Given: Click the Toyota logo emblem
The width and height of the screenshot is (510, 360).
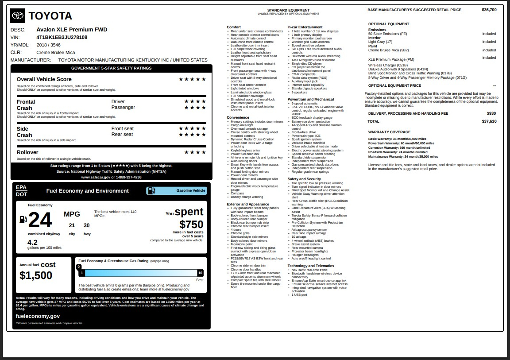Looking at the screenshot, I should [18, 16].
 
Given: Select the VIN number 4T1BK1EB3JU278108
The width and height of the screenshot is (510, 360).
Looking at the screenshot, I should [62, 37].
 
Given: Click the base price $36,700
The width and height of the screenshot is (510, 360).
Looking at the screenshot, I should [489, 10].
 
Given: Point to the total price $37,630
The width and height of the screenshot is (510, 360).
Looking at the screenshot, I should [489, 121].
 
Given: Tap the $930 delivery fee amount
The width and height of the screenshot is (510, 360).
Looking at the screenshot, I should [491, 114].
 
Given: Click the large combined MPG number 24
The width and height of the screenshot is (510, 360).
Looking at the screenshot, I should [40, 220].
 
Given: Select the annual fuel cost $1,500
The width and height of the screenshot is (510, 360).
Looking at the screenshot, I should [36, 275].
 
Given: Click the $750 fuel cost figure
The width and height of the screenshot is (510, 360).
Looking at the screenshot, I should [191, 225].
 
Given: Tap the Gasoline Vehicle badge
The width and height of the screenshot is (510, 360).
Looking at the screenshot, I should [177, 191].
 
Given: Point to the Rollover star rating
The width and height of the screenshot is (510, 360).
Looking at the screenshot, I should [195, 152].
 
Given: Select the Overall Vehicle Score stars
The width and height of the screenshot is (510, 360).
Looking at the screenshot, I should [192, 79].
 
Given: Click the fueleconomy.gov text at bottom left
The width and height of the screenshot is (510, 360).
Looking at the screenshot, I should [38, 316].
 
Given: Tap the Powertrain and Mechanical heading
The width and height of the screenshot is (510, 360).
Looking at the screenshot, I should [310, 99].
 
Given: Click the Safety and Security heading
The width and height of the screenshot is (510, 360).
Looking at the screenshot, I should [304, 179].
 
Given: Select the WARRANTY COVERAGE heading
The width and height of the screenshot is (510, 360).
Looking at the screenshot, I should [389, 132].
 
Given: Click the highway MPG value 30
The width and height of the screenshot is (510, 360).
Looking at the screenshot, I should [87, 225].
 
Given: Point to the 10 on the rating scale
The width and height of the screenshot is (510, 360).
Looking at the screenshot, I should [200, 273].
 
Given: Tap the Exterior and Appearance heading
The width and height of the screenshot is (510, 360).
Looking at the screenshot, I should [248, 204].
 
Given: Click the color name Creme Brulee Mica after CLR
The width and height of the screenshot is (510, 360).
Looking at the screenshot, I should [55, 52].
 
